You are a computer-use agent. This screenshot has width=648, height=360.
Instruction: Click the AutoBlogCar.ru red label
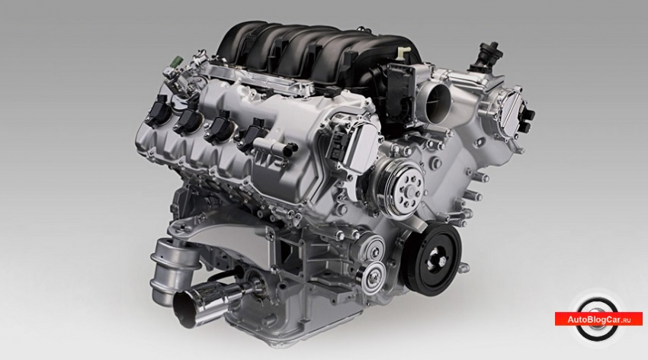click(598, 319)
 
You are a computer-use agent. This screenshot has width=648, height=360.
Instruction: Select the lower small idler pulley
click(371, 273)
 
